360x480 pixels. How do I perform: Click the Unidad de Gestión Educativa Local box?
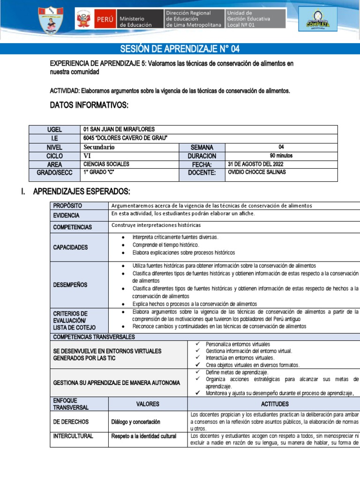(x=255, y=19)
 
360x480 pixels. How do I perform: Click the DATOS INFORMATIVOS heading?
(x=89, y=105)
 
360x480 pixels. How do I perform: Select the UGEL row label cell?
(x=54, y=130)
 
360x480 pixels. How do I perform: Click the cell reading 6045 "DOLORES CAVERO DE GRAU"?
(x=125, y=138)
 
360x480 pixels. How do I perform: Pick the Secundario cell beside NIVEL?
(x=99, y=147)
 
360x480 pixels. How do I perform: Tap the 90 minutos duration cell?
(x=281, y=156)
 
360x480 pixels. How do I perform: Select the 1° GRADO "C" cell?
(x=99, y=172)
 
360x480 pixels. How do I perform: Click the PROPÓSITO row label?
(x=67, y=205)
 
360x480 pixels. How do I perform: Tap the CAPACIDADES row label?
(x=70, y=247)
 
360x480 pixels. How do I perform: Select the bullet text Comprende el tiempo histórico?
(x=166, y=245)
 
